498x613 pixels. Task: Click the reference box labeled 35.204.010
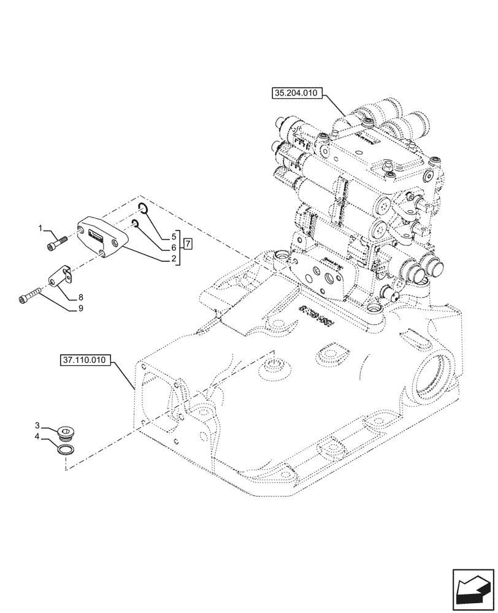tap(294, 93)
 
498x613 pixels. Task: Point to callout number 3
tap(174, 235)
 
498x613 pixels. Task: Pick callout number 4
tap(174, 247)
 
